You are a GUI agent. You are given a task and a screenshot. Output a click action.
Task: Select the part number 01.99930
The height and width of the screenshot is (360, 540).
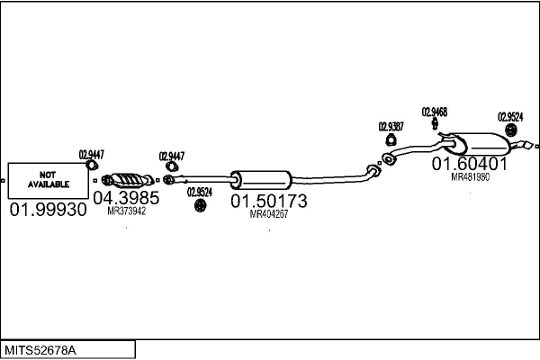tap(48, 210)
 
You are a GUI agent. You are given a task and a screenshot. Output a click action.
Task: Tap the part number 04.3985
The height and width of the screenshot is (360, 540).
tap(126, 198)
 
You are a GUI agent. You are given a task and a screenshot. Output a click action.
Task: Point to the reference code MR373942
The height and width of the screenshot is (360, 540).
tap(126, 211)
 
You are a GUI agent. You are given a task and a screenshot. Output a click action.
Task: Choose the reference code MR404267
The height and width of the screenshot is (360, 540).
tap(268, 214)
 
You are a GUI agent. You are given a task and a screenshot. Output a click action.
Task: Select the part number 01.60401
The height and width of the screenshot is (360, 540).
tap(470, 164)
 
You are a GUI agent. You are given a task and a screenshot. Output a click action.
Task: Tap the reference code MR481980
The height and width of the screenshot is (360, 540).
tap(470, 177)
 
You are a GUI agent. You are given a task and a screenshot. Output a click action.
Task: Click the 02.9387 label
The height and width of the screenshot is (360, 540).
tap(391, 126)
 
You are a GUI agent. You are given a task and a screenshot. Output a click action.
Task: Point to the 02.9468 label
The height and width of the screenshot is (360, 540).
tap(434, 112)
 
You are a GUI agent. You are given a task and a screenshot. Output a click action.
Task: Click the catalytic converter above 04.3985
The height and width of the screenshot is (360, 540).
tap(126, 177)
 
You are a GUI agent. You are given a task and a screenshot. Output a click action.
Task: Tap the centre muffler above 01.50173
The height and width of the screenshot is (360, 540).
tap(261, 178)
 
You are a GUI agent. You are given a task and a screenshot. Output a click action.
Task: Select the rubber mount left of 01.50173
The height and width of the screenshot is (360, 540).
tap(200, 207)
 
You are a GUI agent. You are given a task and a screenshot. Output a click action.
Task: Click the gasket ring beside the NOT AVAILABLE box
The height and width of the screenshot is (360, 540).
tap(92, 165)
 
